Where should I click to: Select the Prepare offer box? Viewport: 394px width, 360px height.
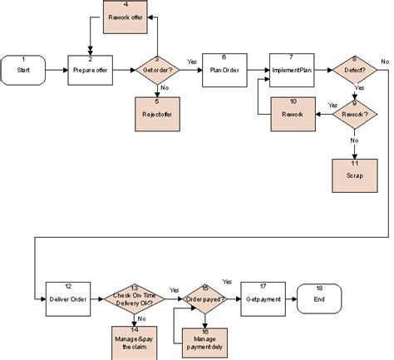click(89, 71)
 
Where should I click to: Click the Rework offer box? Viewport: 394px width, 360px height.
click(126, 17)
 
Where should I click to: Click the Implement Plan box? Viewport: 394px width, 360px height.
click(290, 71)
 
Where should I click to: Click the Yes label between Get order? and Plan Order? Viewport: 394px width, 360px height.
click(191, 62)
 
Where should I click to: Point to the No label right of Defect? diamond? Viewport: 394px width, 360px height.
click(385, 62)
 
